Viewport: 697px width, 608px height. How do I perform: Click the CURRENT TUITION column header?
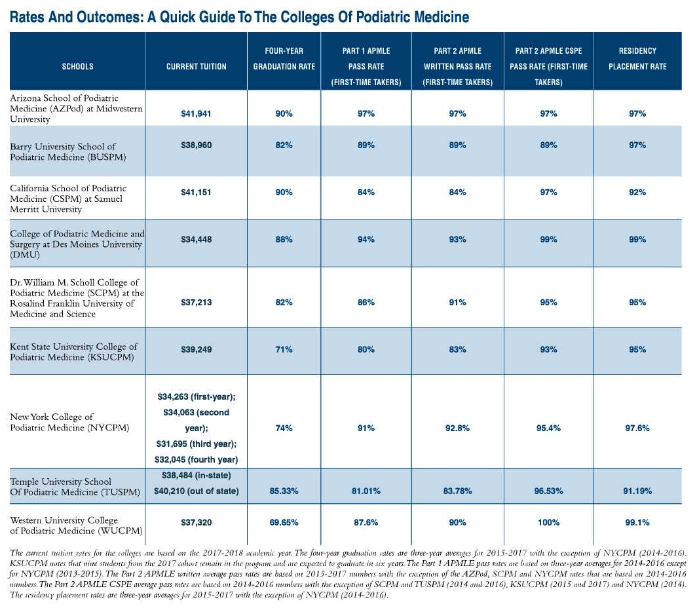tap(196, 66)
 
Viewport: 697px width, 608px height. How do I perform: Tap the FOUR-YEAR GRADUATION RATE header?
tap(284, 58)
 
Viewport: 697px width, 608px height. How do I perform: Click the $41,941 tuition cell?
tap(196, 114)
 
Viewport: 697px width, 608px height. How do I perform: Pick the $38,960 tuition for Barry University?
tap(196, 145)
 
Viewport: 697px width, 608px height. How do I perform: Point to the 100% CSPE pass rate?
tap(548, 522)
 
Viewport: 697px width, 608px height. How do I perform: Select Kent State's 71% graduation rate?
tap(284, 350)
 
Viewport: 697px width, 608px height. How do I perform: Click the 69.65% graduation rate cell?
tap(284, 522)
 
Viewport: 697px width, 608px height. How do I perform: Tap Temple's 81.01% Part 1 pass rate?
tap(366, 490)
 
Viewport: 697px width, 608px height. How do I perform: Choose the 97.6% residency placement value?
tap(637, 428)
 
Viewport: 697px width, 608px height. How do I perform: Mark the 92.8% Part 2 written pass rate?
tap(457, 428)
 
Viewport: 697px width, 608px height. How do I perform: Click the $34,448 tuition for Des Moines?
tap(196, 239)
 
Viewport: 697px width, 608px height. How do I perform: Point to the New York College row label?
tap(52, 422)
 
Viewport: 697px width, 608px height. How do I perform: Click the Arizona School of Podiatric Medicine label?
tap(75, 108)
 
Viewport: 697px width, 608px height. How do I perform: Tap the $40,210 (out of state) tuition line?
tap(197, 491)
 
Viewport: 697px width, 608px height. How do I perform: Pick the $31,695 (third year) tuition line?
tap(197, 444)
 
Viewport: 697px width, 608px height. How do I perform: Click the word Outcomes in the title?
tap(112, 17)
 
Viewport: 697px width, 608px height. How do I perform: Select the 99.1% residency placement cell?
tap(637, 522)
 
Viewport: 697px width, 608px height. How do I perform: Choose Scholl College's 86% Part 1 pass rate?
tap(366, 302)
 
